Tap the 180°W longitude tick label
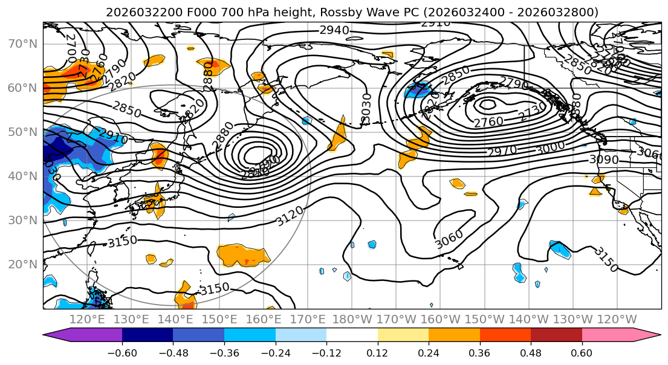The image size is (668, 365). (352, 319)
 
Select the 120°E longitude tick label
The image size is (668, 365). (87, 319)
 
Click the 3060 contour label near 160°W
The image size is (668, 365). (449, 239)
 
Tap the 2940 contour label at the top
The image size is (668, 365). (334, 30)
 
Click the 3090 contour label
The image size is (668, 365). (604, 160)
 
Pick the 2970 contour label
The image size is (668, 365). (502, 150)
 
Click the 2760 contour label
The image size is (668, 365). (488, 122)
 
